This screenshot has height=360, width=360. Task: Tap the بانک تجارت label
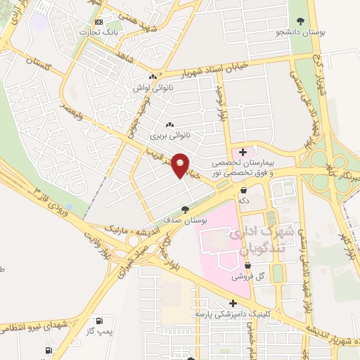98,32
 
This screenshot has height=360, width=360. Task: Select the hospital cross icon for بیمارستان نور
243,150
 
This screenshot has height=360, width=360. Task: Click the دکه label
244,200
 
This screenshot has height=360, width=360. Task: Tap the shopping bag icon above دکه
244,190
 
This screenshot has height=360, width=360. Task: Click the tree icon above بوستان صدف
185,209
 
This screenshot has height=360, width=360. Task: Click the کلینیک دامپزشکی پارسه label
232,313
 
